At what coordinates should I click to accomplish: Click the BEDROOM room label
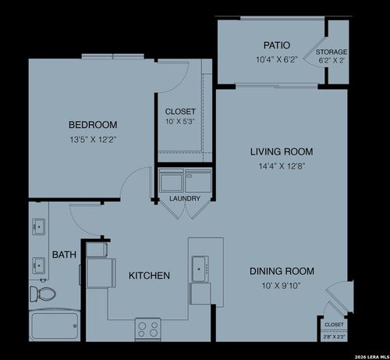(93, 125)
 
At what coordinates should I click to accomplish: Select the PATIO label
(277, 45)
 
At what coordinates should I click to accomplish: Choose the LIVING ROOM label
(282, 151)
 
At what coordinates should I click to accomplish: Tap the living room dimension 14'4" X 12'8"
(282, 166)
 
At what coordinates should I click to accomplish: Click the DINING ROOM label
(282, 271)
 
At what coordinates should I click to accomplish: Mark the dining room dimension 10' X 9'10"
(282, 285)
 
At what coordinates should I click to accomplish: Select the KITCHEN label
(149, 276)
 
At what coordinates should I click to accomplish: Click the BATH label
(64, 255)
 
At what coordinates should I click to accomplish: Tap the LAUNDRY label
(185, 198)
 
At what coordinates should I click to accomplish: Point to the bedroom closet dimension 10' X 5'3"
(180, 122)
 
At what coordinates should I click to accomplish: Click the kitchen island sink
(200, 269)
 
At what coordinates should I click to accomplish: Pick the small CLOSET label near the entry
(334, 324)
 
